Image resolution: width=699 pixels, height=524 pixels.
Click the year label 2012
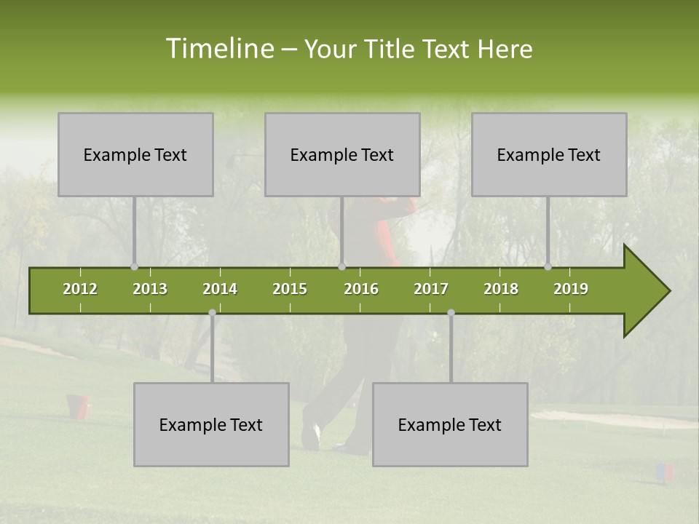click(80, 289)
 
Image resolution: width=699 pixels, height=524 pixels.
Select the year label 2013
click(150, 289)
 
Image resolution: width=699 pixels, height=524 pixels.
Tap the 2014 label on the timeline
click(220, 289)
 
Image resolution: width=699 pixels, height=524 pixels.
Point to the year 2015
click(290, 289)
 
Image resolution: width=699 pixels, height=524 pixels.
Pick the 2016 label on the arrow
click(361, 289)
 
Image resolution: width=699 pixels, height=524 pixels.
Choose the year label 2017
click(431, 289)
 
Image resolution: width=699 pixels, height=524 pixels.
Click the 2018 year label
click(501, 289)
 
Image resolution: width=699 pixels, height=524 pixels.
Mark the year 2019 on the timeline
click(571, 289)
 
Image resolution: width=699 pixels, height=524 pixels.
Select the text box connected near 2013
click(135, 154)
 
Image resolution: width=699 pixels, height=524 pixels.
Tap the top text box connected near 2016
click(342, 154)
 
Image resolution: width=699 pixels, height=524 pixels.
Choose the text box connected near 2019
click(549, 154)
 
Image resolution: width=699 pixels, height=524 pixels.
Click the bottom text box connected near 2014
click(211, 424)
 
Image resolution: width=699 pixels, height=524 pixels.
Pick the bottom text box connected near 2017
click(450, 424)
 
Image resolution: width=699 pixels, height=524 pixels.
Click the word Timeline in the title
click(219, 49)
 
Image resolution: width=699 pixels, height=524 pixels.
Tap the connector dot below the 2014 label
click(212, 312)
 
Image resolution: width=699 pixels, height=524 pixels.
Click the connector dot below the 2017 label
click(451, 312)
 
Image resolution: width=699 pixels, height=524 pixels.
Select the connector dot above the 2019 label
click(548, 267)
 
